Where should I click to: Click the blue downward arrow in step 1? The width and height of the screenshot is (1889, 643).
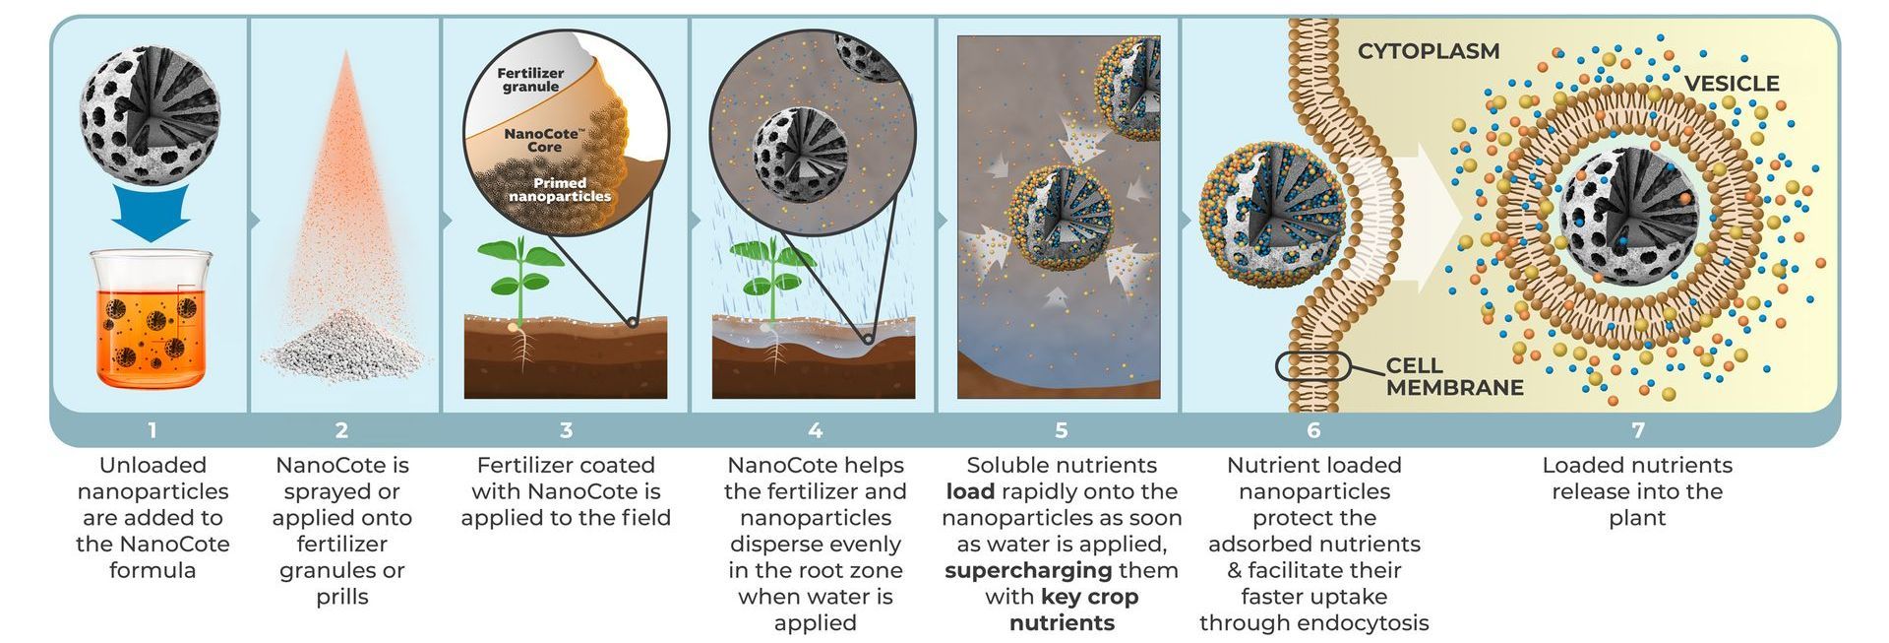(x=151, y=214)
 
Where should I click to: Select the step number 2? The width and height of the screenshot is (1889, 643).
(x=341, y=430)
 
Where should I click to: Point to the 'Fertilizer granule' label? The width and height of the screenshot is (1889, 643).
(x=530, y=80)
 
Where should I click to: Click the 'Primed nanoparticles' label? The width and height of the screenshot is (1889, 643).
(x=559, y=189)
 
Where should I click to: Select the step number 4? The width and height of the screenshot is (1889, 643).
(x=815, y=430)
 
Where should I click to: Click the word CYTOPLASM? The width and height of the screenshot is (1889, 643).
(x=1429, y=51)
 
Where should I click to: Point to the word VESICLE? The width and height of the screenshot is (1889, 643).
(x=1732, y=84)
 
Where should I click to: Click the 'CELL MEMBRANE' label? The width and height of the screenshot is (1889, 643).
(x=1454, y=377)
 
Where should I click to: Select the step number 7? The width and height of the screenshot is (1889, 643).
(x=1637, y=430)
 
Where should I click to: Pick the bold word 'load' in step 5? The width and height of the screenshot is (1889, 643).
(x=970, y=491)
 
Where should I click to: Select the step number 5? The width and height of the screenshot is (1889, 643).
(x=1061, y=430)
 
